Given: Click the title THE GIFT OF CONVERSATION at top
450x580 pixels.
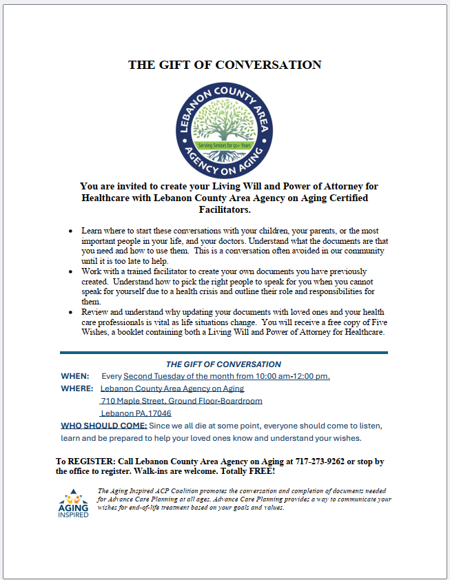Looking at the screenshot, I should coord(225,65).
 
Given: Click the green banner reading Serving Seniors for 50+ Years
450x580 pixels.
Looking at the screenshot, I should coord(224,146).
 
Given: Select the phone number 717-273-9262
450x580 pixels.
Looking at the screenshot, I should coord(318,461).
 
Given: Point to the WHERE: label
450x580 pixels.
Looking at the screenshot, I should coord(77,389).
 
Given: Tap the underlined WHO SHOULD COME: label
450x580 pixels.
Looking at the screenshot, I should coord(103,426).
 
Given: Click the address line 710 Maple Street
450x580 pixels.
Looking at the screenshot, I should coord(181,401).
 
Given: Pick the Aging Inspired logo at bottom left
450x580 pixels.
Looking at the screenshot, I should coord(73,504).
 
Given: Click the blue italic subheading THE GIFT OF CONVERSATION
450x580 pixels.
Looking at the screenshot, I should coord(223,364).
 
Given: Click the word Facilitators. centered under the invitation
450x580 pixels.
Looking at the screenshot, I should coord(224,209).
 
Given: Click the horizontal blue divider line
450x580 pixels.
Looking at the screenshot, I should coord(223,353).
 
